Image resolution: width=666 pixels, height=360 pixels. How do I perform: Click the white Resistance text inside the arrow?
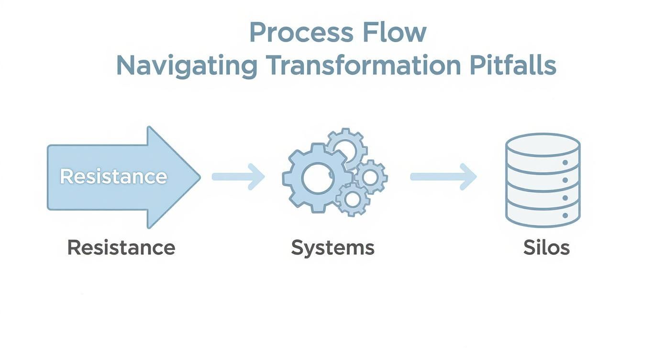[113, 177]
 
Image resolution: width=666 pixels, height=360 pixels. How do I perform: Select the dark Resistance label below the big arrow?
[121, 247]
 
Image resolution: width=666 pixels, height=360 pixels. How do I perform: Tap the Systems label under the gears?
[333, 247]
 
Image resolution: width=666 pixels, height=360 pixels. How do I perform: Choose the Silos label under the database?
[546, 247]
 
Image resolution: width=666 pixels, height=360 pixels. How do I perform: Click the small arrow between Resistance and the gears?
[238, 176]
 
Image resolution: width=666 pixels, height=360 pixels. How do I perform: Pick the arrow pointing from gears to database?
[444, 176]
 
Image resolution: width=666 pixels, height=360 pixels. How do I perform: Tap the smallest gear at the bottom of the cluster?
[353, 199]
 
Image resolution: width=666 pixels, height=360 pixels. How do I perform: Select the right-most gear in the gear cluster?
[370, 177]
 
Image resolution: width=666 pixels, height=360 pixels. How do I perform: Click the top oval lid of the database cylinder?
[543, 144]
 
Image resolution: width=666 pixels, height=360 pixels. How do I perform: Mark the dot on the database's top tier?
[565, 163]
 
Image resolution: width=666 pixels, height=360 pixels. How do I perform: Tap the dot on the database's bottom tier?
[565, 215]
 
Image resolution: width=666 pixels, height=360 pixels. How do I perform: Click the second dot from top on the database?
[565, 180]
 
